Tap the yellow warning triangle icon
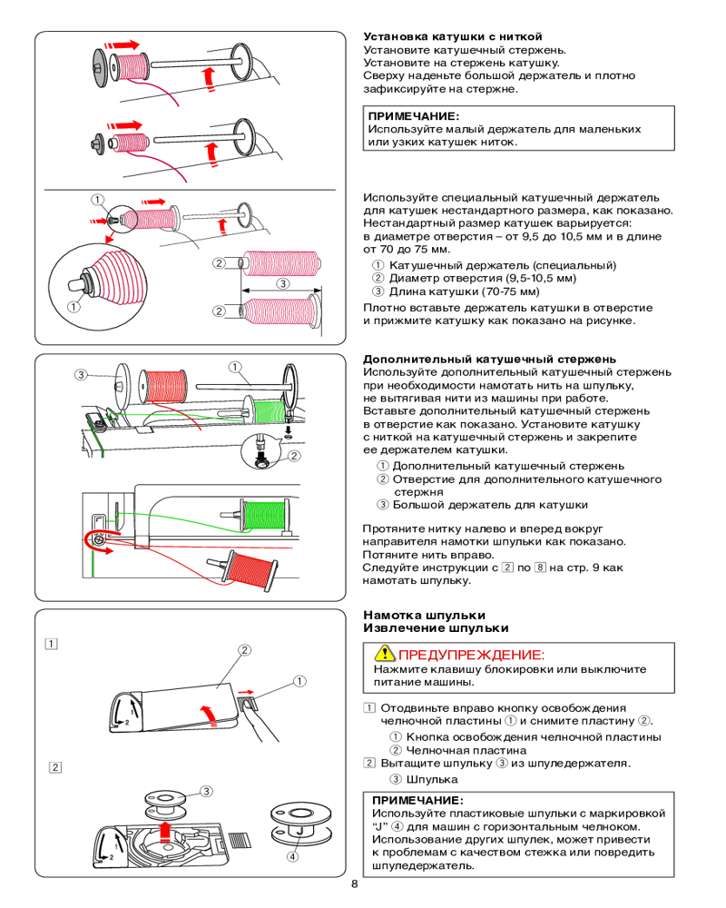tap(384, 654)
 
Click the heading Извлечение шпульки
tap(436, 627)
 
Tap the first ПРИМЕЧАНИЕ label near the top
tap(413, 116)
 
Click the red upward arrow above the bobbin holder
tap(164, 830)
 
